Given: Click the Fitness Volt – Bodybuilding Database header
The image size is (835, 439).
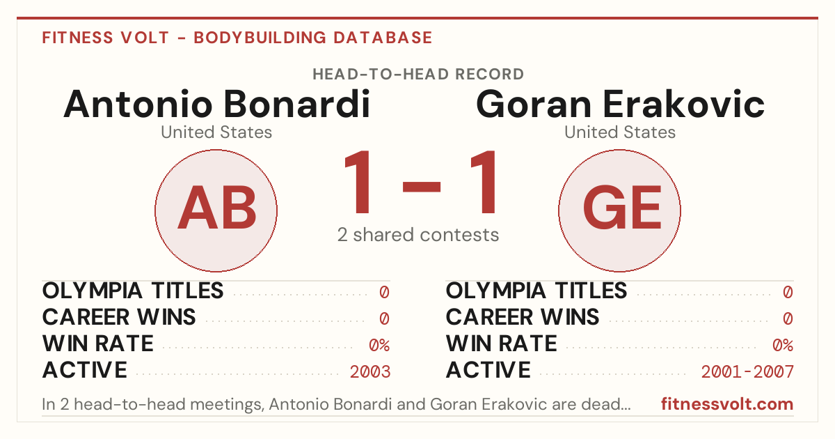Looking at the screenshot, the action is (x=237, y=38).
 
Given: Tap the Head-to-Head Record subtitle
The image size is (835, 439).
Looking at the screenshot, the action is (x=418, y=75).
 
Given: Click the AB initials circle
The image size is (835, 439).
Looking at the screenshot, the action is (x=216, y=210).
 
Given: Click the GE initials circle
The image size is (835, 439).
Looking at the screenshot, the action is (x=619, y=210).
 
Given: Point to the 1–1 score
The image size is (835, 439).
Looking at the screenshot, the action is (x=420, y=181).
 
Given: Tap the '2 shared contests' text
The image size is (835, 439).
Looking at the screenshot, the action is (x=418, y=235).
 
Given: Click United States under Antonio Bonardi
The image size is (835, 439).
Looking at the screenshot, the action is (x=216, y=132).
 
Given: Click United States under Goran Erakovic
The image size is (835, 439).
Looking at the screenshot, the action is (x=619, y=132).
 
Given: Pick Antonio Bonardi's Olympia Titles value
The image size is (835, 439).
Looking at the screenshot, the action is (x=384, y=292).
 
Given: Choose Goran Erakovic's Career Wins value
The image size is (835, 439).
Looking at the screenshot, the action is (x=788, y=318).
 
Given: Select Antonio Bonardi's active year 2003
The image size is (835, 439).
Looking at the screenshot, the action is (x=370, y=371).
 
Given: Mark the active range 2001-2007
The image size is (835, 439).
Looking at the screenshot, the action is (x=747, y=371).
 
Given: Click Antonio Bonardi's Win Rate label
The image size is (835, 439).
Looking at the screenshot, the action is (x=97, y=344).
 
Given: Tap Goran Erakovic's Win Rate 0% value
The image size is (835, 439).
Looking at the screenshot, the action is (x=783, y=345).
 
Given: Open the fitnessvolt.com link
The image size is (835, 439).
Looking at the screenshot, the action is (x=727, y=404).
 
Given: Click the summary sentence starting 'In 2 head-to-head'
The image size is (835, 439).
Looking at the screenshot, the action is (x=336, y=404).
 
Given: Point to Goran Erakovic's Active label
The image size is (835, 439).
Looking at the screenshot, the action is (x=488, y=370).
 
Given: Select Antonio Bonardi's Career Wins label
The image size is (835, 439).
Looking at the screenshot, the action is (x=118, y=317).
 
